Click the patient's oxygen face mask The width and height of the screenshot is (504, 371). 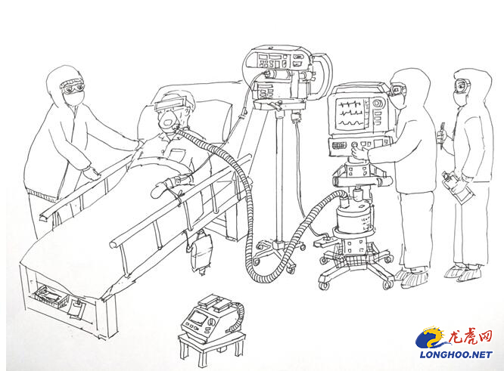click(x=168, y=119)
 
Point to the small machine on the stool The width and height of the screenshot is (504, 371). click(x=211, y=318)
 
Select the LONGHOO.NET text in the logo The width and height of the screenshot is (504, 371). click(x=456, y=354)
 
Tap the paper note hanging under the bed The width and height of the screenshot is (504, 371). click(x=76, y=309)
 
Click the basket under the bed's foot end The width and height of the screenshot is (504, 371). click(x=48, y=297)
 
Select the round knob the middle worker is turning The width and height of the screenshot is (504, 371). click(x=356, y=145)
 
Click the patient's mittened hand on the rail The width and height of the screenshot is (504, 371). click(x=160, y=189)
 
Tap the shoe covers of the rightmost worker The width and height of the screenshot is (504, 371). click(x=464, y=272)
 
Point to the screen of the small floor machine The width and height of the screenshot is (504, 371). click(x=198, y=317)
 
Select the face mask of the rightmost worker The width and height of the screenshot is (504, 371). click(x=459, y=97)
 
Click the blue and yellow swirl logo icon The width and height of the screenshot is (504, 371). click(x=432, y=339)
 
